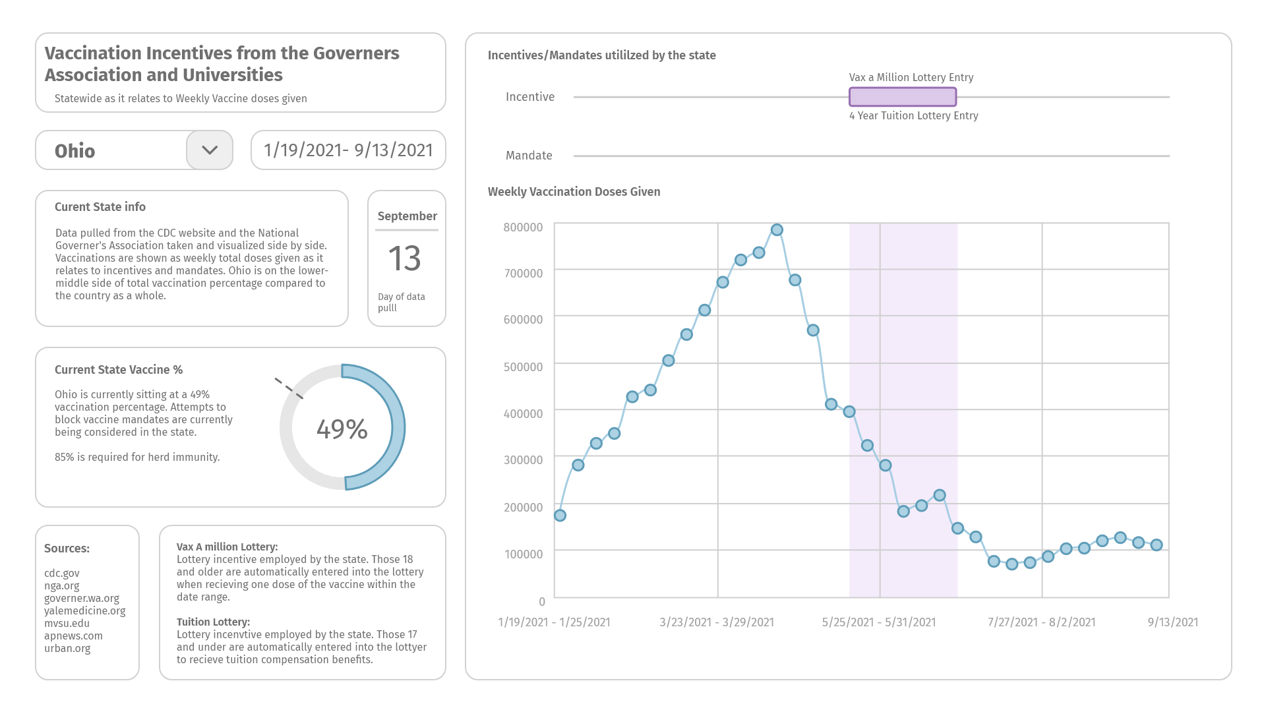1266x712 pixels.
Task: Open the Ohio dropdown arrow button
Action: [210, 150]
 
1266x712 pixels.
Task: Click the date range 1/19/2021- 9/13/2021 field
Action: [348, 150]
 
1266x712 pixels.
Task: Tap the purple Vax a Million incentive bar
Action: [903, 97]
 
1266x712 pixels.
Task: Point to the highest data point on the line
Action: [777, 230]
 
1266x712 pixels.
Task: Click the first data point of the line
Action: [560, 516]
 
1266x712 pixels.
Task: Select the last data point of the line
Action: [1157, 545]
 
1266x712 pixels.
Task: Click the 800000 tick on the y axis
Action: [523, 227]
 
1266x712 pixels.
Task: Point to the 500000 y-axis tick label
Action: [523, 367]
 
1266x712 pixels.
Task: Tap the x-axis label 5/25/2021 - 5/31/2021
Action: [879, 622]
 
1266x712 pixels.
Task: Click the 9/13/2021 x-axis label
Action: [1173, 622]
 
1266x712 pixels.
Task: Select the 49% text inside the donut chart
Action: [342, 429]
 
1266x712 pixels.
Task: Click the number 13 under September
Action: [405, 258]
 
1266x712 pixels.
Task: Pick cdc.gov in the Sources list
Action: [62, 574]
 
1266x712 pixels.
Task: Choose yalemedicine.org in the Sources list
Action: [85, 611]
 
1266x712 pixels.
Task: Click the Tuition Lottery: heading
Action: [213, 622]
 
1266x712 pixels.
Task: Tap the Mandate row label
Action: [529, 156]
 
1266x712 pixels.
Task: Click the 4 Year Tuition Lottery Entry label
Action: [914, 116]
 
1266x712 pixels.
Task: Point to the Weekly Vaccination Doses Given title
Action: [574, 192]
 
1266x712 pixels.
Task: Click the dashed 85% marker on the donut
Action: [289, 388]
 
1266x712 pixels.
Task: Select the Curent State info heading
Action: [100, 207]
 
